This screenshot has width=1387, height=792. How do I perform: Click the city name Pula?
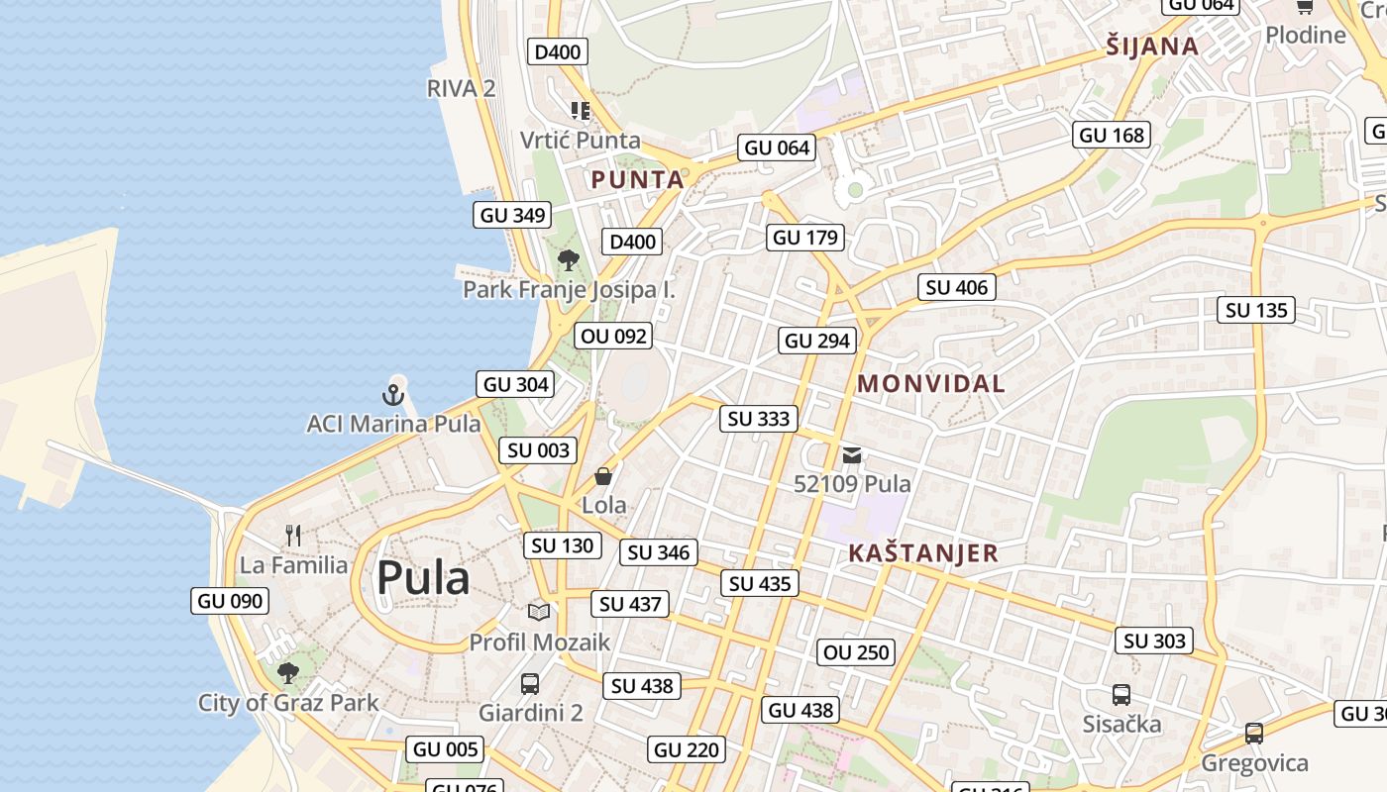click(423, 578)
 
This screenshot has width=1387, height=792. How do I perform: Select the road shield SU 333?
click(759, 419)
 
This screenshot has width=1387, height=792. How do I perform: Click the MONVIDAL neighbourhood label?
click(930, 384)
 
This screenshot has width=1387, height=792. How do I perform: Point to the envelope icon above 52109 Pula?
click(852, 456)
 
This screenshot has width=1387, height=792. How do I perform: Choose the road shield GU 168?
click(1112, 135)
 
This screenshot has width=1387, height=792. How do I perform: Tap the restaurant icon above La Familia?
click(293, 536)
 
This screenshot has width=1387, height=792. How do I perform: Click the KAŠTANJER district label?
click(923, 553)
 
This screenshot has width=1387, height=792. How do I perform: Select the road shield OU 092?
click(614, 337)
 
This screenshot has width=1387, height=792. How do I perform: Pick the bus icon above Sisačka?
click(1121, 695)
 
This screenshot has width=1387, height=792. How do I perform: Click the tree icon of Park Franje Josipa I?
click(569, 260)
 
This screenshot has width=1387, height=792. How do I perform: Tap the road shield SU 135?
click(1256, 311)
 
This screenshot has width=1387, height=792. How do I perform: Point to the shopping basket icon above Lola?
click(603, 476)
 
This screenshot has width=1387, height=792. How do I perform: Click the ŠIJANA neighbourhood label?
click(1152, 47)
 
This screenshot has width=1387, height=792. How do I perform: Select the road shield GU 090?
click(230, 601)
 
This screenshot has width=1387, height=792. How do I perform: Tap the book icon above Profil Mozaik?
click(539, 613)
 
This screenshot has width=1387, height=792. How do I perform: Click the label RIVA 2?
click(461, 88)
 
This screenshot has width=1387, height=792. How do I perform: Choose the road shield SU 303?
click(1154, 642)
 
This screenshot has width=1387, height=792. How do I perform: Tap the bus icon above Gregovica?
click(1254, 734)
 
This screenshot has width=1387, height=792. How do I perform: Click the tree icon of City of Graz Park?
click(288, 674)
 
